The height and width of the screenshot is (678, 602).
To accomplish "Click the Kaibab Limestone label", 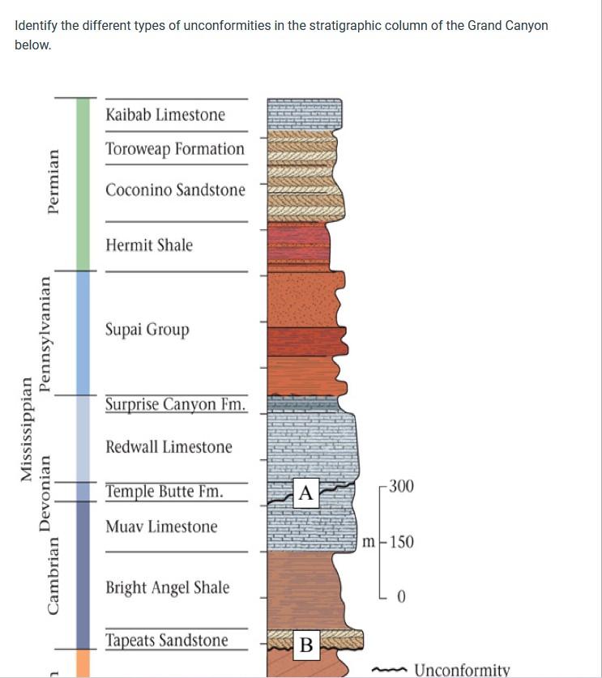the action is tap(165, 115).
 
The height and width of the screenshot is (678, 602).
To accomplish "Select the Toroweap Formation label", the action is tap(174, 149).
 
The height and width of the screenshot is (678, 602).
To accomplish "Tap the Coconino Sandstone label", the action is tap(175, 190).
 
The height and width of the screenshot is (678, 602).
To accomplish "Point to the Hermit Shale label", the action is tap(149, 245).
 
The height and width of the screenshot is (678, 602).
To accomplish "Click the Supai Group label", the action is tap(147, 330).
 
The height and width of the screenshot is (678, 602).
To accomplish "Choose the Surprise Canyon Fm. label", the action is tap(175, 404).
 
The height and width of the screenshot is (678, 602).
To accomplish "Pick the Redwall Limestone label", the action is tap(169, 447).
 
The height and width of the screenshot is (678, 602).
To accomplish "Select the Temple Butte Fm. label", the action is tap(164, 492).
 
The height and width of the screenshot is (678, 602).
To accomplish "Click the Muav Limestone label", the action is tap(161, 527).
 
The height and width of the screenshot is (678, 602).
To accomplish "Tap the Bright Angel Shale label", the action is tap(167, 587).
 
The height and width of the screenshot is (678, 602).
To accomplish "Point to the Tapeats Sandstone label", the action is tap(166, 641).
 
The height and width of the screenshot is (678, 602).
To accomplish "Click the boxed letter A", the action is tap(305, 493).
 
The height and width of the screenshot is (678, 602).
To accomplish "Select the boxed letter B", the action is tap(306, 645).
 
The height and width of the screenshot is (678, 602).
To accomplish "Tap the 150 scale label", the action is tap(401, 541).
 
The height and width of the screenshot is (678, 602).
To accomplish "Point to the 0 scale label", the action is tap(401, 598).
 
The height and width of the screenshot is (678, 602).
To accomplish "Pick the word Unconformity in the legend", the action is tap(461, 670).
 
